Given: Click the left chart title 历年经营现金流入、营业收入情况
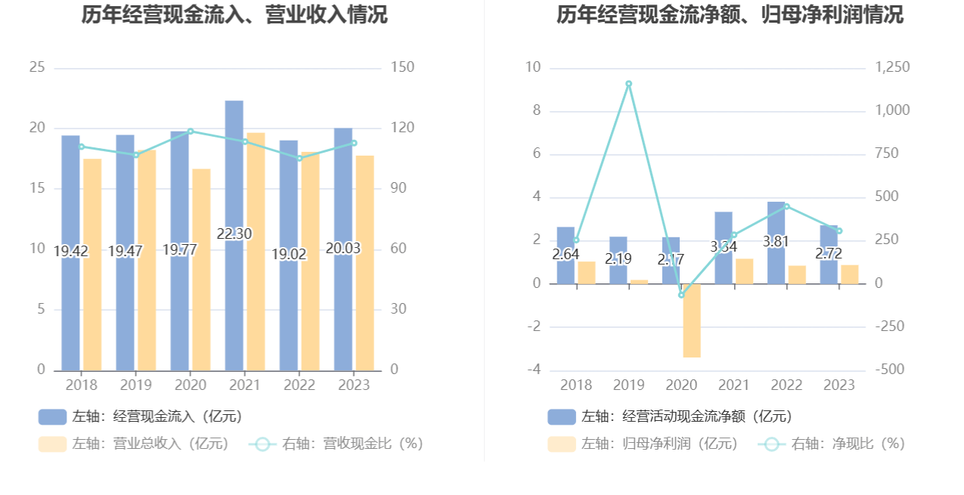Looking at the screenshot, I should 234,15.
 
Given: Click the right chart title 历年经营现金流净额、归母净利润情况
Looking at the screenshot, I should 730,15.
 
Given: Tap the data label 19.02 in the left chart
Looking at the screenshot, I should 289,255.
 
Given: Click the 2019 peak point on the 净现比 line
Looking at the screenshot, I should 628,84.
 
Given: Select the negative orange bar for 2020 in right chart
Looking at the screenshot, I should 692,320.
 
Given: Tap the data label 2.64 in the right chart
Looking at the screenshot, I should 566,255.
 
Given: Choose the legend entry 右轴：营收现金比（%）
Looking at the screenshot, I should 336,444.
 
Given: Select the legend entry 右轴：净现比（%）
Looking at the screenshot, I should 832,444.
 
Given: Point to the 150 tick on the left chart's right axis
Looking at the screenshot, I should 403,68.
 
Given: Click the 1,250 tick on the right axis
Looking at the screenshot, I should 892,68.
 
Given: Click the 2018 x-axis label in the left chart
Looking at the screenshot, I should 82,385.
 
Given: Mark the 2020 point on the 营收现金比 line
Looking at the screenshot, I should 191,131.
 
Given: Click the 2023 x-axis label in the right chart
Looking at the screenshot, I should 838,385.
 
